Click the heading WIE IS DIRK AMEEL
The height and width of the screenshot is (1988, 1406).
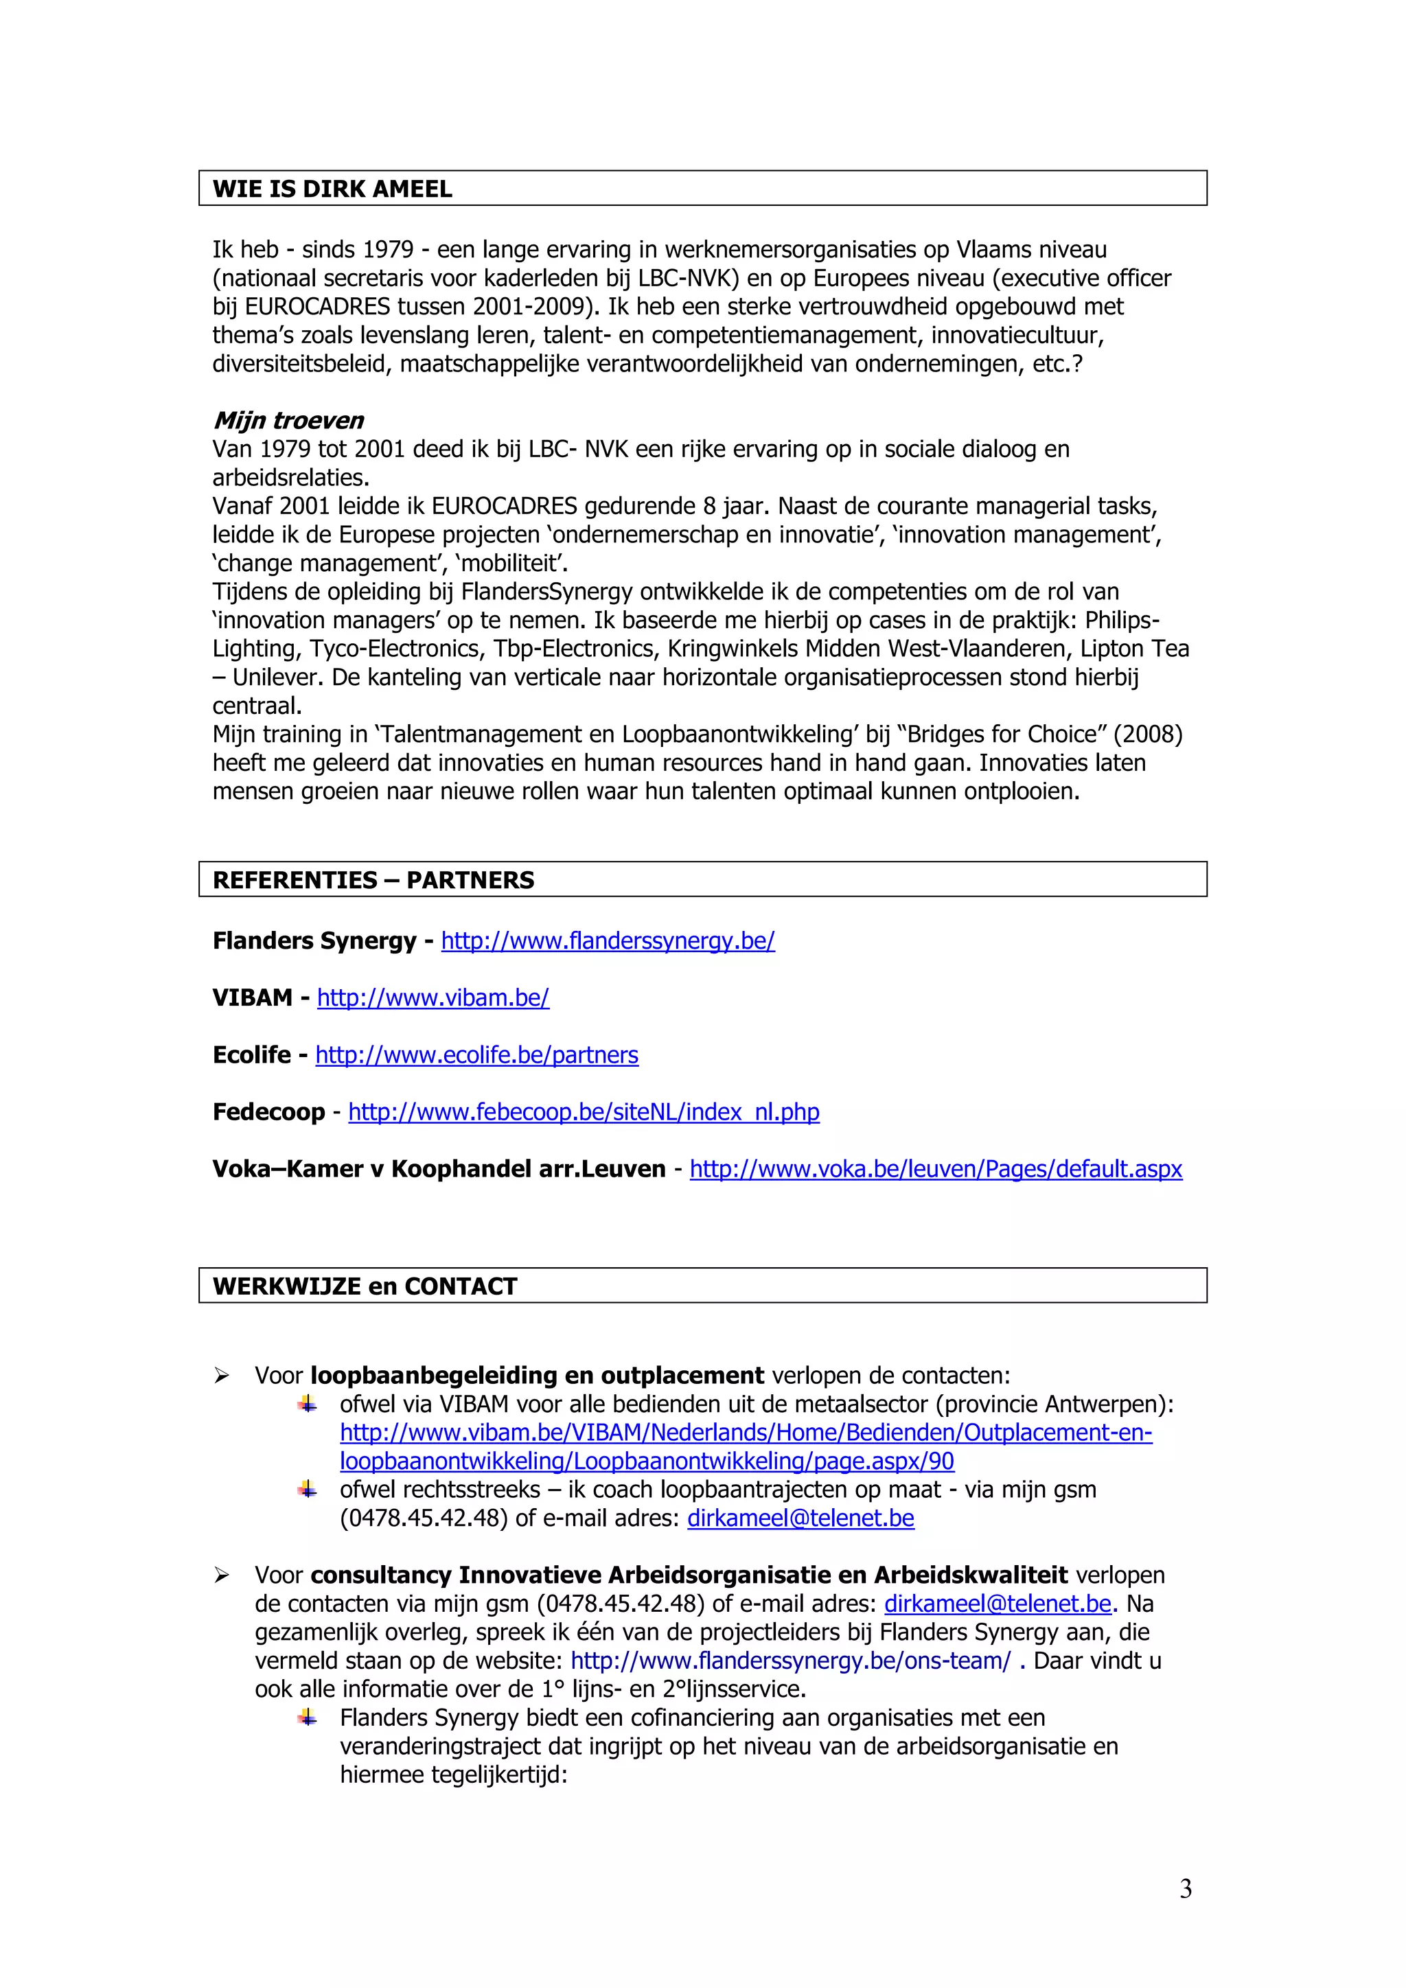coord(332,189)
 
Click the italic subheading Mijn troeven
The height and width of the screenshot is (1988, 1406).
coord(288,421)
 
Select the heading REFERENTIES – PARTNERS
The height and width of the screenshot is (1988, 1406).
coord(373,880)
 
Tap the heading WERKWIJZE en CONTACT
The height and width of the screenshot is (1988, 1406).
coord(365,1286)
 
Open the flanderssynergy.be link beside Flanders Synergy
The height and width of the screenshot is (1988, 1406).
coord(608,941)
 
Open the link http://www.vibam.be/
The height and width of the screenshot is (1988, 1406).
coord(433,998)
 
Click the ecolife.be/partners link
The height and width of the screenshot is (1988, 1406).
coord(476,1056)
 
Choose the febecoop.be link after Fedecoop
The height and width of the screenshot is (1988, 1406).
coord(584,1113)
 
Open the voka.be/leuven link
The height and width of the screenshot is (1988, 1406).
coord(935,1170)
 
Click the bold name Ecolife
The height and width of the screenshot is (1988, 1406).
coord(252,1056)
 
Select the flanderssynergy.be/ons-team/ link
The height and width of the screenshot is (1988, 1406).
coord(790,1661)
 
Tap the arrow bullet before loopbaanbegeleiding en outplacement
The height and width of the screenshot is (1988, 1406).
coord(222,1376)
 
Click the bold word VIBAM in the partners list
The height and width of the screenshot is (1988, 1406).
coord(252,998)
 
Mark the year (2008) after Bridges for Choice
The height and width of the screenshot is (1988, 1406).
coord(1148,735)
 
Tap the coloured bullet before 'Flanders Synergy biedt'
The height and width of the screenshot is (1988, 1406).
coord(308,1718)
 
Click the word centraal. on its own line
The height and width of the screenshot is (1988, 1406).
coord(257,706)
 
